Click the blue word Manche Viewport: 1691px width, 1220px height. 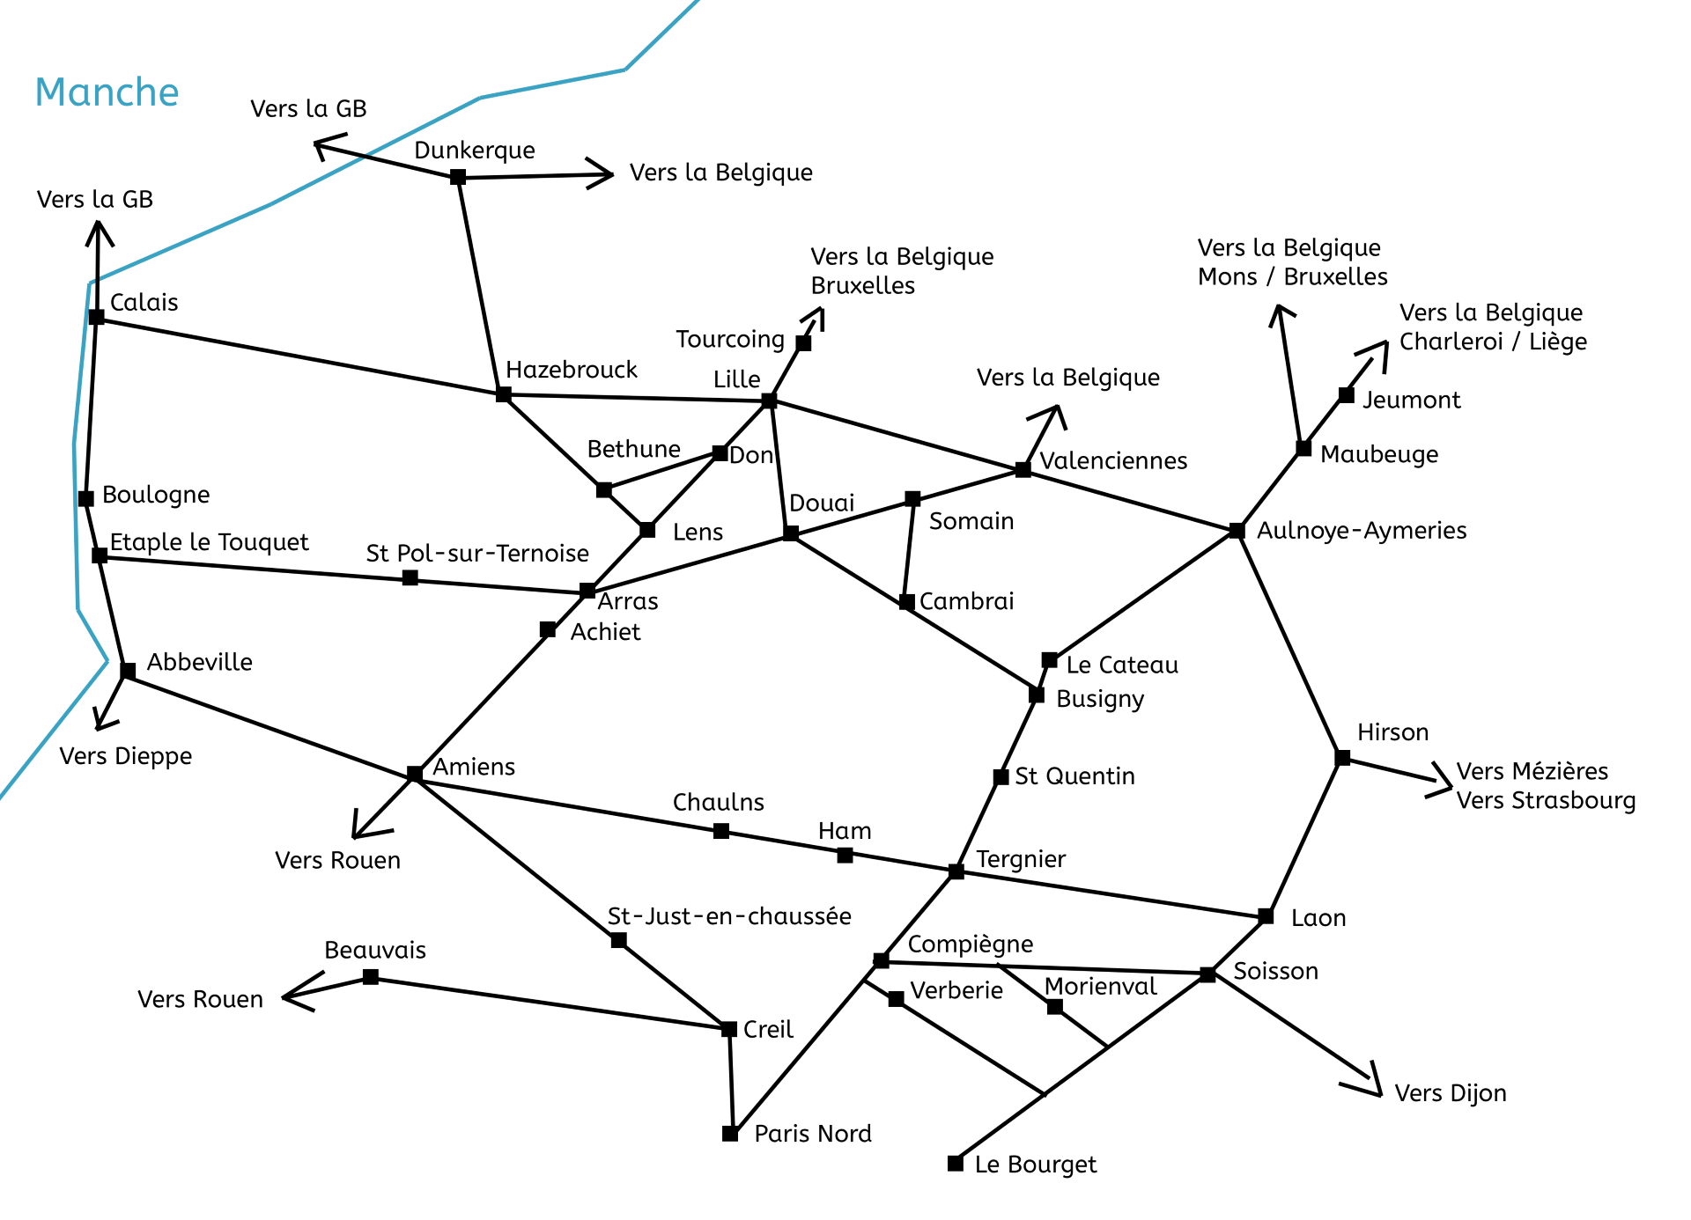[107, 92]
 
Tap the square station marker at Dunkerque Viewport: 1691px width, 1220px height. [458, 177]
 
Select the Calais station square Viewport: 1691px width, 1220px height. [97, 317]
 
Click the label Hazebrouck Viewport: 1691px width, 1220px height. [571, 370]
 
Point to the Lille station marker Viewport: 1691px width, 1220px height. [769, 401]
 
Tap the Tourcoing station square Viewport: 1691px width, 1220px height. [803, 343]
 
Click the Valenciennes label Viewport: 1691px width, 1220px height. [1113, 460]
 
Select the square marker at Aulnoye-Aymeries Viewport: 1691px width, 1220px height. [1237, 531]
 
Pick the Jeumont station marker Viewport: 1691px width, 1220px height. [1346, 395]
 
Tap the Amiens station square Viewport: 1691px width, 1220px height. [415, 774]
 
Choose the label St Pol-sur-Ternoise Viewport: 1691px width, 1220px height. [477, 553]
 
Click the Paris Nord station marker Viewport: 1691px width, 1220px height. [730, 1134]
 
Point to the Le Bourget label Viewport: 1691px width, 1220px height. [1036, 1165]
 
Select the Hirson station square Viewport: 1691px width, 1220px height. [1342, 758]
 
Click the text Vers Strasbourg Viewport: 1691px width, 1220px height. [1546, 801]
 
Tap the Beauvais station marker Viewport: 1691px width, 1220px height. [371, 977]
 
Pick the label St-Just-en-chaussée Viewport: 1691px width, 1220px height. [729, 916]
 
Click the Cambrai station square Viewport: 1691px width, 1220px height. [906, 603]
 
